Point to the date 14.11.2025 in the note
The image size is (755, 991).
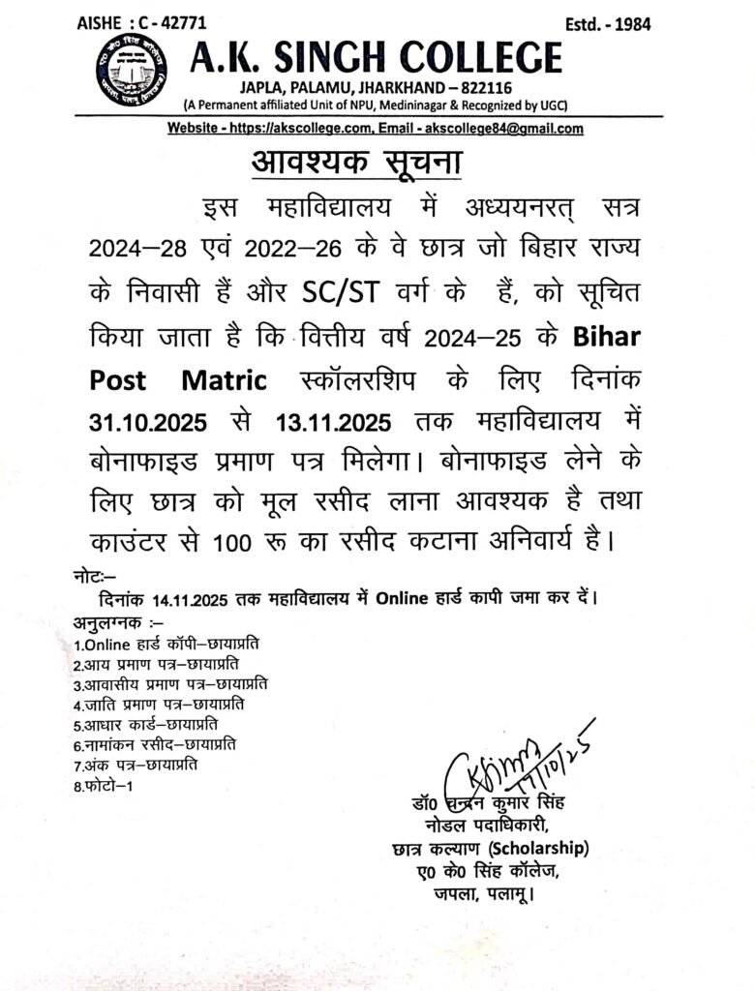coord(189,597)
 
